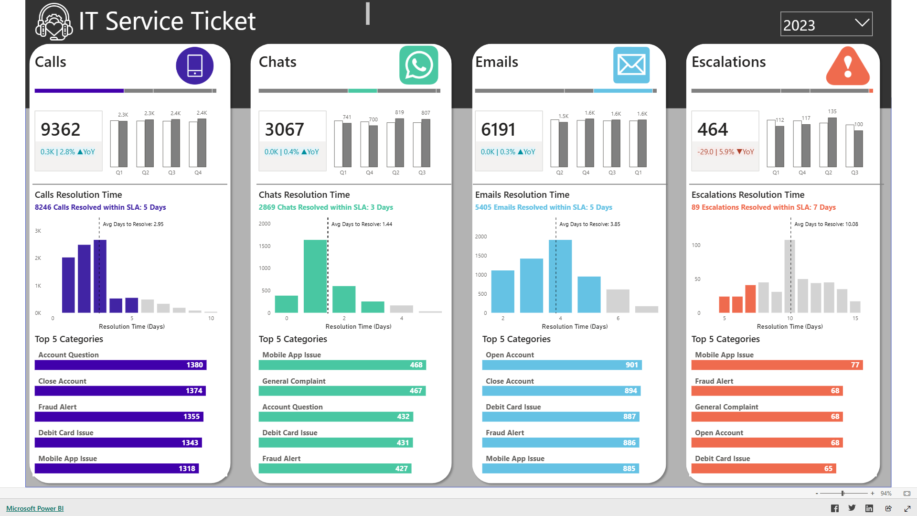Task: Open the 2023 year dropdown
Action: (x=826, y=24)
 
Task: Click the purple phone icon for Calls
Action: (x=194, y=65)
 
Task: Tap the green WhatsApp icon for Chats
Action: (x=418, y=65)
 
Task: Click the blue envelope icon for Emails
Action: (x=631, y=65)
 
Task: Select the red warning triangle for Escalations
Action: (x=848, y=67)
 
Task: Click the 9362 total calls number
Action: (x=61, y=129)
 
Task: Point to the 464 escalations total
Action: (x=713, y=129)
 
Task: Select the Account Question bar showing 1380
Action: (x=120, y=365)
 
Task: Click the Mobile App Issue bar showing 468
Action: (x=342, y=365)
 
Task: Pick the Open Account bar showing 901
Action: (x=562, y=365)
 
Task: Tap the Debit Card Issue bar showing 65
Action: (x=763, y=469)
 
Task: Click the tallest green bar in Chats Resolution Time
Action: (x=315, y=276)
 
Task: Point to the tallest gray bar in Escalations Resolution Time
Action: (x=789, y=276)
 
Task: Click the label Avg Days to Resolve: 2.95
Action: (x=133, y=224)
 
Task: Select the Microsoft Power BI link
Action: (x=35, y=508)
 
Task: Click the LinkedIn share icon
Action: (x=869, y=508)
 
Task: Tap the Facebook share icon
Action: (x=835, y=508)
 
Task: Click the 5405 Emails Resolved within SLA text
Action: (x=544, y=207)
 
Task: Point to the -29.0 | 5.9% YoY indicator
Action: (x=725, y=152)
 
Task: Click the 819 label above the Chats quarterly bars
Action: (x=399, y=112)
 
